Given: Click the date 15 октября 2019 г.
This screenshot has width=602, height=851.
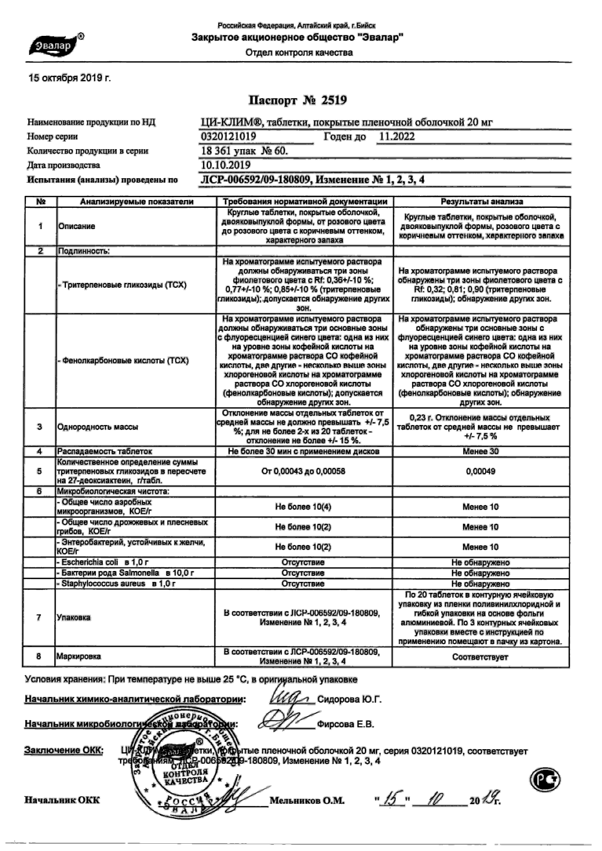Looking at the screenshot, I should [x=69, y=78].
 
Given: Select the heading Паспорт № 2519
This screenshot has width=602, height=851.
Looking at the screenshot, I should [x=297, y=100].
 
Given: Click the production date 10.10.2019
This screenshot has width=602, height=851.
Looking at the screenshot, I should [x=225, y=165].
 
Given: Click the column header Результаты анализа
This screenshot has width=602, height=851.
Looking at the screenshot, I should [x=481, y=202].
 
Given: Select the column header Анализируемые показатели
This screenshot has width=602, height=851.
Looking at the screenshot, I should [x=136, y=202].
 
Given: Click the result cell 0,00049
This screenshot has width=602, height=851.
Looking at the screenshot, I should [x=481, y=471].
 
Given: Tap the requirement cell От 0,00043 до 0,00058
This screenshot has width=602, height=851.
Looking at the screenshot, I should [x=304, y=471].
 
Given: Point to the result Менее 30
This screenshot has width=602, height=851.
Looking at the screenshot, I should [x=481, y=451].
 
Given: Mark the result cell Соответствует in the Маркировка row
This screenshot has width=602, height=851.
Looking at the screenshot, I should [x=480, y=657].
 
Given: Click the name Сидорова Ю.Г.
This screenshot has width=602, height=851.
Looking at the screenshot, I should [x=349, y=699].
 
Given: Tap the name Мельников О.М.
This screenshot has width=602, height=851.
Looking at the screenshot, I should [x=307, y=801].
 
